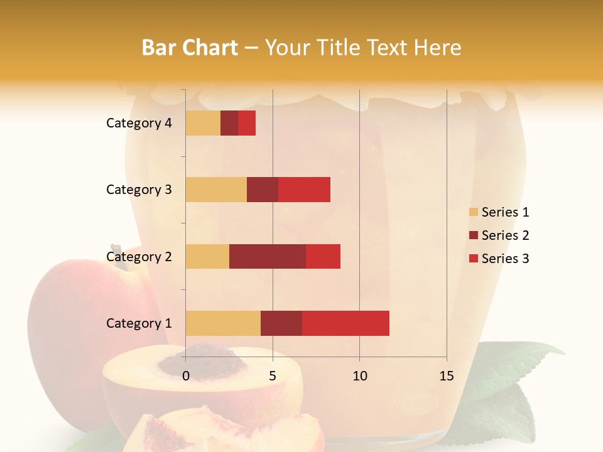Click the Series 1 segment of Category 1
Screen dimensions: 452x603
pyautogui.click(x=223, y=323)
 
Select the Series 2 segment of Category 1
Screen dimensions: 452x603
pyautogui.click(x=281, y=323)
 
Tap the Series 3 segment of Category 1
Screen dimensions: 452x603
pyautogui.click(x=345, y=323)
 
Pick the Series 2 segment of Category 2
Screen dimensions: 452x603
pyautogui.click(x=268, y=256)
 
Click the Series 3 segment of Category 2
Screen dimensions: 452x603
pyautogui.click(x=323, y=256)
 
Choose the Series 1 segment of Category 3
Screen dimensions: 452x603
pyautogui.click(x=216, y=190)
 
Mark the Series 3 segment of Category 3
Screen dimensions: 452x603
pyautogui.click(x=304, y=190)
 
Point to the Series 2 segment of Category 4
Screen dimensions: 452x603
pyautogui.click(x=229, y=123)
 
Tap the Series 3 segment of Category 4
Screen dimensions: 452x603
pyautogui.click(x=247, y=123)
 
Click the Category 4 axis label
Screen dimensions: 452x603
pyautogui.click(x=139, y=123)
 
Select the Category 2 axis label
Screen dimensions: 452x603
pyautogui.click(x=139, y=256)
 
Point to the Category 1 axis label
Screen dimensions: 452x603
pyautogui.click(x=139, y=323)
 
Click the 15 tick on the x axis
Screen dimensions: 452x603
pyautogui.click(x=447, y=376)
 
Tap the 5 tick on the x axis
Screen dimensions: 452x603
pyautogui.click(x=273, y=376)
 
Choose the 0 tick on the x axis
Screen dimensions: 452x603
pyautogui.click(x=186, y=376)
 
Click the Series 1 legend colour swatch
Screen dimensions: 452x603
pyautogui.click(x=473, y=212)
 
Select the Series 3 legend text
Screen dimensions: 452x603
pyautogui.click(x=505, y=259)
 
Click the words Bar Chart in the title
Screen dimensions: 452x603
pyautogui.click(x=190, y=48)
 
